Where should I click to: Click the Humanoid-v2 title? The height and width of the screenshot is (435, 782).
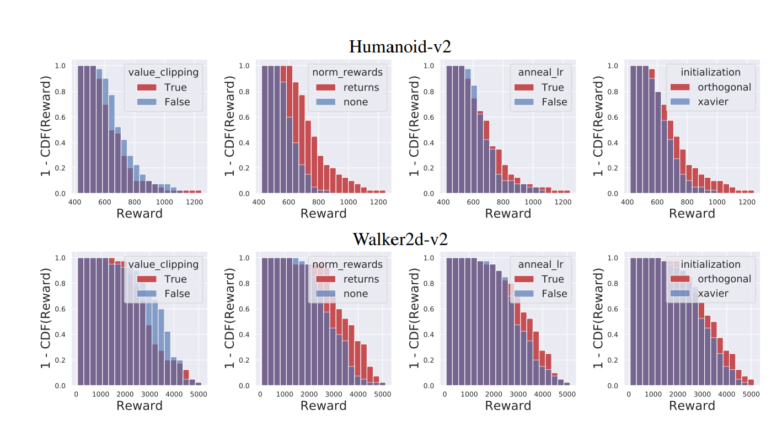click(400, 46)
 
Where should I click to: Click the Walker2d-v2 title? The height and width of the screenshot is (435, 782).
click(400, 239)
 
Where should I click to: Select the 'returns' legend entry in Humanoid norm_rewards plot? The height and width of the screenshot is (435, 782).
click(361, 87)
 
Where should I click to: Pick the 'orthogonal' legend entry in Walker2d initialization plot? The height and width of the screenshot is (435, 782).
click(724, 279)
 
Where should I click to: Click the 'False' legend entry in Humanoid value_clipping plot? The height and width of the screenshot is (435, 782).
click(177, 102)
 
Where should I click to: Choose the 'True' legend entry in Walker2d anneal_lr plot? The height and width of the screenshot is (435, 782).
click(553, 279)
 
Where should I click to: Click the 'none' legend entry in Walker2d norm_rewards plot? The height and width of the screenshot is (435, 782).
click(356, 294)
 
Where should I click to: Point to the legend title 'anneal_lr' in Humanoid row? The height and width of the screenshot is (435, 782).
click(541, 72)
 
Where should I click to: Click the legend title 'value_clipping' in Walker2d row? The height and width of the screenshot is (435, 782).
click(163, 264)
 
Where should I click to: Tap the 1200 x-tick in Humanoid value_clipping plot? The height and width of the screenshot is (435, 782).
click(194, 203)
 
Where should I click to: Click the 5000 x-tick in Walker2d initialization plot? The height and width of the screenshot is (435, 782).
click(750, 395)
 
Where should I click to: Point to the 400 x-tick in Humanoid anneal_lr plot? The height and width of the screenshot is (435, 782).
click(443, 203)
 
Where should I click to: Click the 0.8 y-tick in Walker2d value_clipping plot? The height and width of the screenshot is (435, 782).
click(61, 283)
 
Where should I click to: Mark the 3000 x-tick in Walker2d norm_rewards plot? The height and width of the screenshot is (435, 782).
click(333, 395)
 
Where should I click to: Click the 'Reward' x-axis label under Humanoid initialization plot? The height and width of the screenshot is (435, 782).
click(692, 214)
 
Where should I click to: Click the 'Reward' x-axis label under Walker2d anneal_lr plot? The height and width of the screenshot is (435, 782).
click(508, 406)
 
